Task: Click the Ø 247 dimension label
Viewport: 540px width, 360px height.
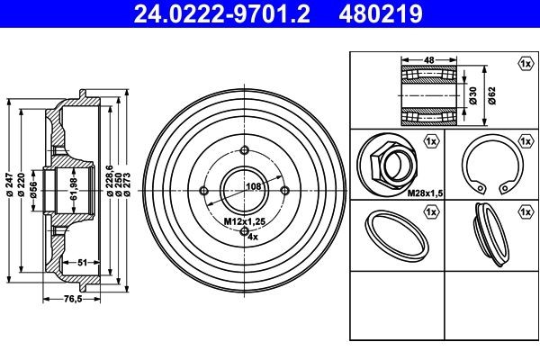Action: click(x=9, y=187)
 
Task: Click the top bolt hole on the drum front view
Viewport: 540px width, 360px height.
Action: click(x=246, y=149)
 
